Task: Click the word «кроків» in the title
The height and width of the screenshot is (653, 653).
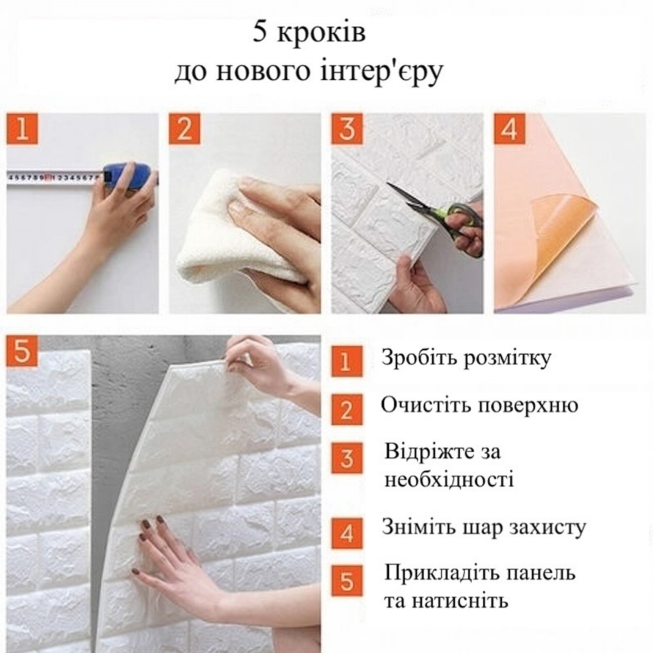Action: pyautogui.click(x=321, y=34)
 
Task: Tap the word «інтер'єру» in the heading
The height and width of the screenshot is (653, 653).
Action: pyautogui.click(x=382, y=72)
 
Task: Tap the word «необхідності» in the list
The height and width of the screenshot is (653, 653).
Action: pyautogui.click(x=449, y=480)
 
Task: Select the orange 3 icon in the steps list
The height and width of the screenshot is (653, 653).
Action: pyautogui.click(x=347, y=458)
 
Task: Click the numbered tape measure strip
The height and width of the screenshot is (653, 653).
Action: pyautogui.click(x=54, y=177)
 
